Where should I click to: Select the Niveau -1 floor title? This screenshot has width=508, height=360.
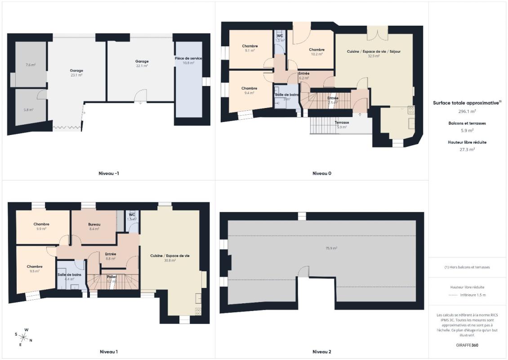(109, 173)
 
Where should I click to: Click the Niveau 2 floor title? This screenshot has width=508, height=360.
(322, 351)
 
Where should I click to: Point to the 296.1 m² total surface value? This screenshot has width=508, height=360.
(467, 111)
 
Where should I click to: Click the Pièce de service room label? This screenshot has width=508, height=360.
(188, 58)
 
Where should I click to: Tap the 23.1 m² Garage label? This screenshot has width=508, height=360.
(76, 71)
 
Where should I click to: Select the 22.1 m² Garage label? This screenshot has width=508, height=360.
(142, 62)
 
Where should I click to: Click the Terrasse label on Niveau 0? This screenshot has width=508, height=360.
(342, 122)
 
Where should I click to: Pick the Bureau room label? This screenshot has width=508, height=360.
(94, 225)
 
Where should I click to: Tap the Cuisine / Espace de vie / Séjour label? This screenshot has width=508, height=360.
(374, 52)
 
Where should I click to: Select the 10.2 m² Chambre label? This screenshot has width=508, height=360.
(316, 50)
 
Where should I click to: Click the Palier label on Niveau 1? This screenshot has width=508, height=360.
(111, 277)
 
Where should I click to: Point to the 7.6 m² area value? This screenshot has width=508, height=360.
(30, 65)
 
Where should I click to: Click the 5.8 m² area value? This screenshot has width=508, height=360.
(28, 109)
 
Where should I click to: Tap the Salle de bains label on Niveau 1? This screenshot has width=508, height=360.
(69, 274)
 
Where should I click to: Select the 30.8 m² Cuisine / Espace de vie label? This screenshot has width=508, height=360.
(170, 256)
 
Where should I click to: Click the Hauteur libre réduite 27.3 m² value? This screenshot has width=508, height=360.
(467, 149)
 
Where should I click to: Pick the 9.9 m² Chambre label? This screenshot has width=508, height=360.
(41, 224)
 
